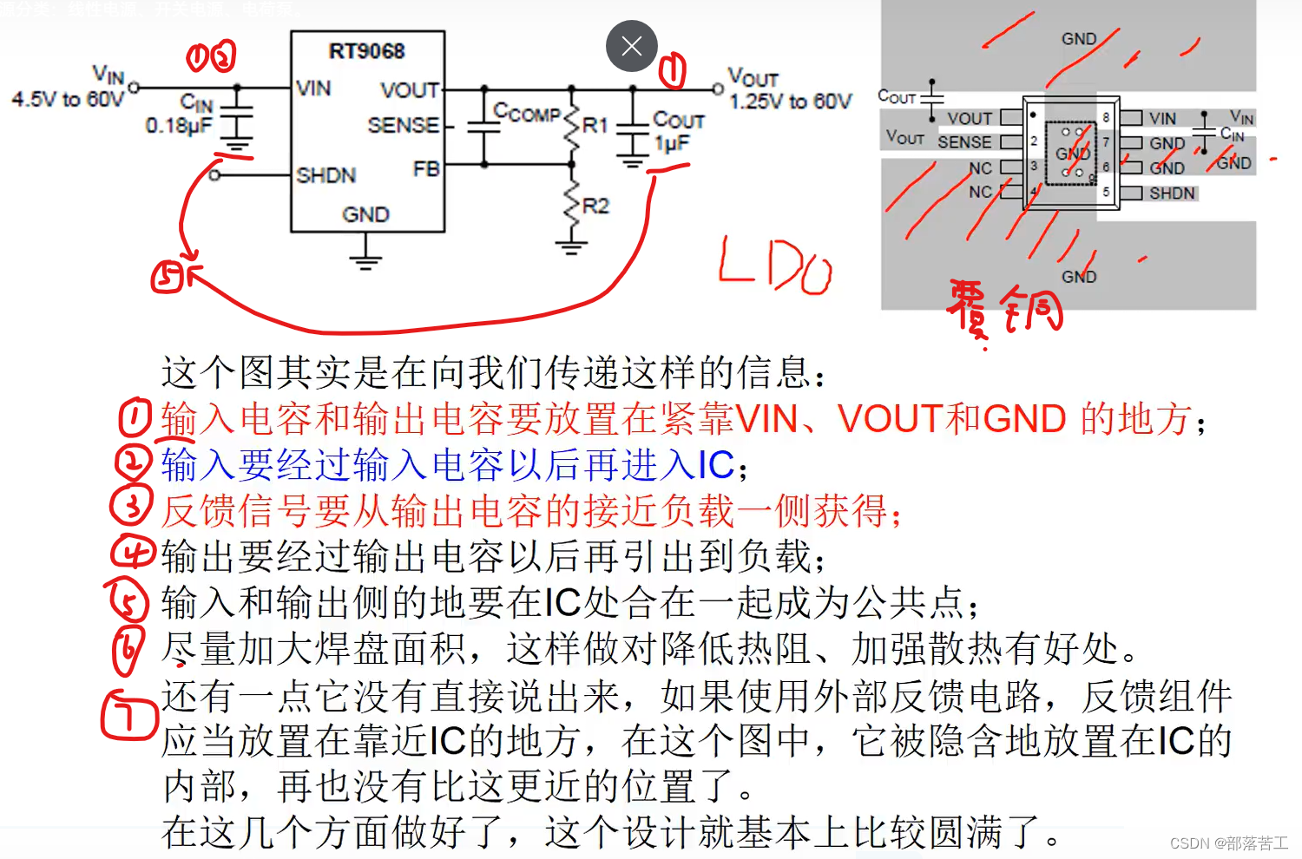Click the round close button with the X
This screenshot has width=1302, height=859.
pyautogui.click(x=631, y=46)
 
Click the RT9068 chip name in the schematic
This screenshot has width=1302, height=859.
pyautogui.click(x=366, y=51)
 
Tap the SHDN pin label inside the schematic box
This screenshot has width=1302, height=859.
pyautogui.click(x=325, y=175)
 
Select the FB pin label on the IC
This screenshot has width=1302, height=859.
pyautogui.click(x=426, y=168)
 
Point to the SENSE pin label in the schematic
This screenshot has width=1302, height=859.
pyautogui.click(x=403, y=125)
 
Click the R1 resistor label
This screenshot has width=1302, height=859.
pyautogui.click(x=595, y=125)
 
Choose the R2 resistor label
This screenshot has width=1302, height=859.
pyautogui.click(x=595, y=206)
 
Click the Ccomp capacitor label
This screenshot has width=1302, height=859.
pyautogui.click(x=527, y=113)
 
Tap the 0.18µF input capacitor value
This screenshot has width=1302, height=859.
pyautogui.click(x=178, y=126)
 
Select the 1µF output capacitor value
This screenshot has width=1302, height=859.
pyautogui.click(x=672, y=142)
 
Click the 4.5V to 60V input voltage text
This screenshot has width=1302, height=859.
pyautogui.click(x=67, y=99)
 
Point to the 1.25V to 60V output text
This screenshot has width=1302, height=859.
pyautogui.click(x=790, y=102)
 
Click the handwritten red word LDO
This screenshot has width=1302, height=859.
pyautogui.click(x=775, y=266)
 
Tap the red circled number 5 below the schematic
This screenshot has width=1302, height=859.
pyautogui.click(x=168, y=277)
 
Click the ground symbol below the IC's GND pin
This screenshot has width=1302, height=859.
pyautogui.click(x=365, y=257)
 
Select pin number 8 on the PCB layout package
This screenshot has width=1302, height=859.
pyautogui.click(x=1106, y=117)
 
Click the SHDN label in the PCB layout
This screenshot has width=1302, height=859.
pyautogui.click(x=1172, y=193)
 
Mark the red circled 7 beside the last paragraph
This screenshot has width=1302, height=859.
pyautogui.click(x=128, y=715)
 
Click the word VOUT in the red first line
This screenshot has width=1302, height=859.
pyautogui.click(x=890, y=419)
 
